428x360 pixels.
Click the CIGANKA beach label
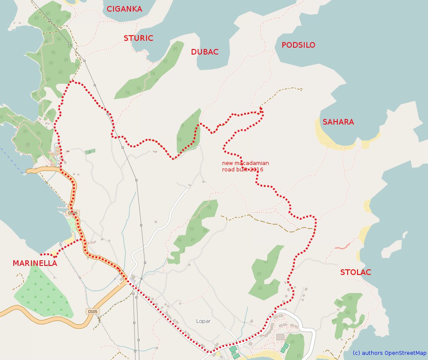[x=124, y=9]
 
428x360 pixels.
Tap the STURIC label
[x=138, y=38]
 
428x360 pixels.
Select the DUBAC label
[x=205, y=52]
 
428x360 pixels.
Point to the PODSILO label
[x=298, y=45]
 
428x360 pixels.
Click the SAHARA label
[x=338, y=122]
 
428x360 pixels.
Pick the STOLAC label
[x=355, y=272]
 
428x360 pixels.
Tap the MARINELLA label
[x=35, y=263]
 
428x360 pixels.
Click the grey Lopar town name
[x=203, y=321]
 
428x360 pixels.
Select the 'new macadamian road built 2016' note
[x=245, y=166]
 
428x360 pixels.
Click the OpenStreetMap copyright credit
[x=389, y=353]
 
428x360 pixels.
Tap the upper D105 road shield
[x=73, y=213]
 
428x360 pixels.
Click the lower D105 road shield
[x=92, y=311]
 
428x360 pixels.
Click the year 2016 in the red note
[x=257, y=170]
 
